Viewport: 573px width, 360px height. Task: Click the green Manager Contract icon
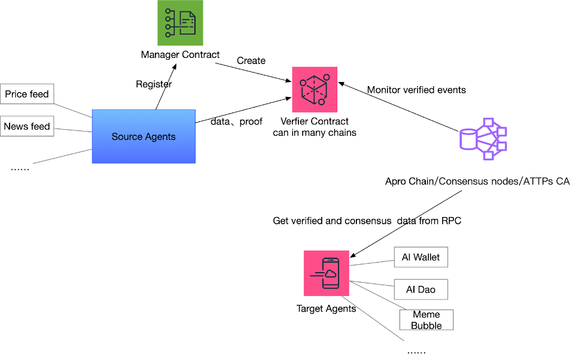tap(180, 23)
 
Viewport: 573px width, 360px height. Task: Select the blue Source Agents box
tap(144, 136)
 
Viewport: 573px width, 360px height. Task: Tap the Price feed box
tap(27, 94)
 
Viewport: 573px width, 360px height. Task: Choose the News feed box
tap(27, 126)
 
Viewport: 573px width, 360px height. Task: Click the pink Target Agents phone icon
tap(327, 273)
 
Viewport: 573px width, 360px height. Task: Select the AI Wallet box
tap(421, 257)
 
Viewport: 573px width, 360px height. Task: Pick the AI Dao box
tap(421, 289)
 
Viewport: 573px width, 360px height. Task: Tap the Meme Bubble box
tap(426, 320)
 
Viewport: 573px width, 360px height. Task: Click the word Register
tap(154, 84)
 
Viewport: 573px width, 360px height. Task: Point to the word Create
tap(251, 60)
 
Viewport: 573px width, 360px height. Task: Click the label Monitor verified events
tap(416, 90)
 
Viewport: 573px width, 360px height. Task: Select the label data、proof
tap(236, 122)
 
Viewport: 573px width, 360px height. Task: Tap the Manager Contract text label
tap(180, 55)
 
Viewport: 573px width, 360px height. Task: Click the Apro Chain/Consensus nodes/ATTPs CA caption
tap(477, 181)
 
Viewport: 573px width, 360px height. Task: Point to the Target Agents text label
tap(327, 309)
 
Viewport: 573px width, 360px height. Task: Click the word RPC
tap(451, 221)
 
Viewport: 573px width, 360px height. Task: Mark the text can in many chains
tap(315, 132)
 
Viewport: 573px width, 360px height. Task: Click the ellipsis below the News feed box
tap(20, 169)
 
